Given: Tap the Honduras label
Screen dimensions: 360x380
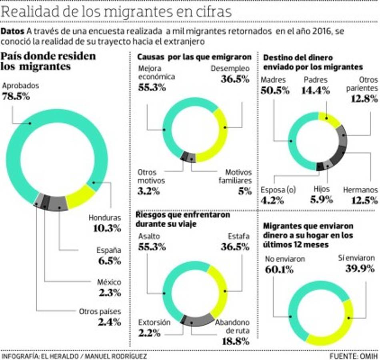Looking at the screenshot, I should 104,218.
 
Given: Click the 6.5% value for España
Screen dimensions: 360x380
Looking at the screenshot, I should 110,261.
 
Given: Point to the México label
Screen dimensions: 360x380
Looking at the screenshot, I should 109,282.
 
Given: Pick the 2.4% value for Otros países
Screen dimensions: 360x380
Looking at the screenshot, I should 110,321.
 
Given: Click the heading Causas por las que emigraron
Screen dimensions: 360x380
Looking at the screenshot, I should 194,57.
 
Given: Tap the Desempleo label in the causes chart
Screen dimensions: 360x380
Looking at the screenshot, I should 230,68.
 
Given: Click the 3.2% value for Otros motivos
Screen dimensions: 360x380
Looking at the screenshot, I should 148,191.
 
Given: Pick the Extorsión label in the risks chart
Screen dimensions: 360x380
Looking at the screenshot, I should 154,322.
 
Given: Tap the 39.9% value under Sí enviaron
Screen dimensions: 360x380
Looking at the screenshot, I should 360,268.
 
